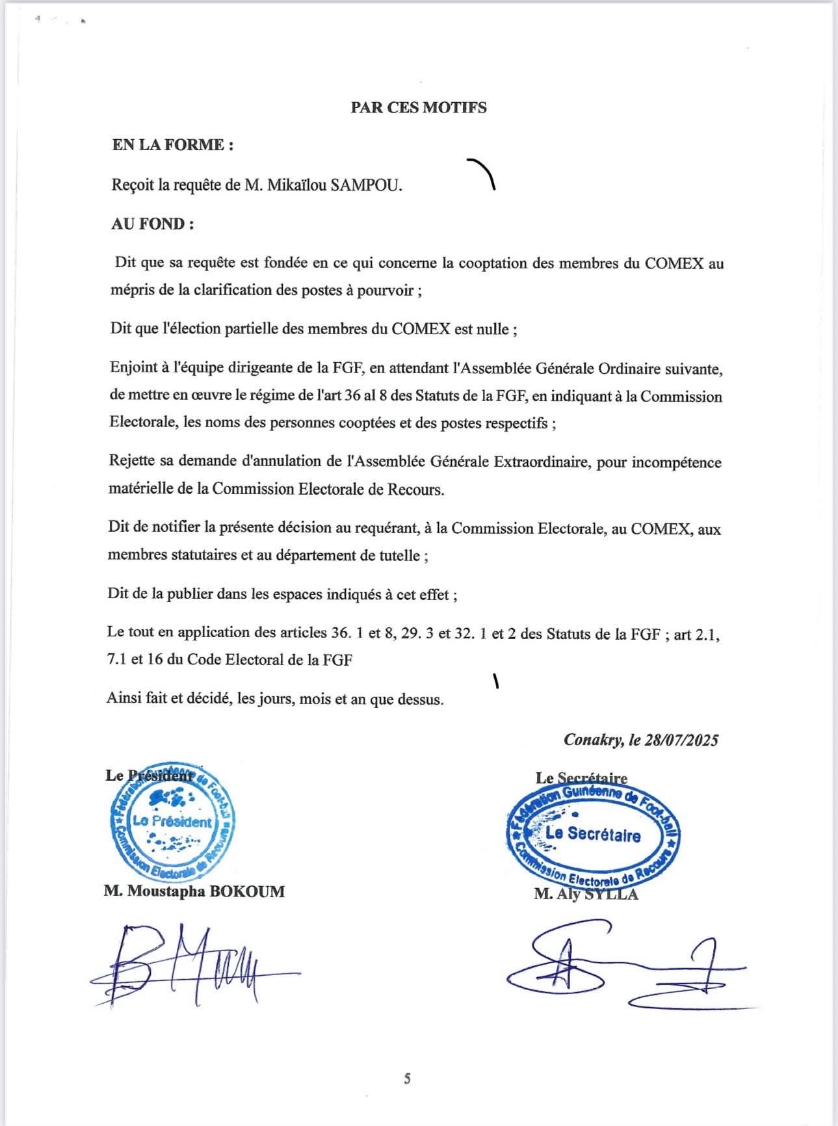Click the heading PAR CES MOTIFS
point(419,107)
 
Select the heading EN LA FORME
point(172,145)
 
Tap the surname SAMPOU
point(366,186)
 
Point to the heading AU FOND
point(153,224)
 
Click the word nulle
point(495,329)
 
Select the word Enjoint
point(133,369)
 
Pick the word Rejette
point(133,462)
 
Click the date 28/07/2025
point(682,740)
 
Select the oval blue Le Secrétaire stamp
point(592,835)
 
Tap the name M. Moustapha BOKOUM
point(194,891)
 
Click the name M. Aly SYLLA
point(586,895)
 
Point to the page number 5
point(407,1079)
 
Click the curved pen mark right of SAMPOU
point(484,172)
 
